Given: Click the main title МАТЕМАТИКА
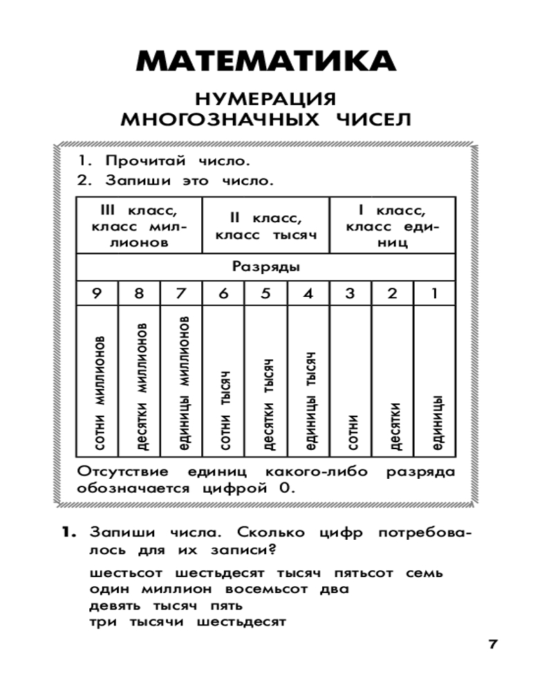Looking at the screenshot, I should pyautogui.click(x=266, y=62).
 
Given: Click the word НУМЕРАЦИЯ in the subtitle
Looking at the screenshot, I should pyautogui.click(x=266, y=98).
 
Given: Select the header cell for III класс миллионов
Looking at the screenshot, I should pyautogui.click(x=138, y=226).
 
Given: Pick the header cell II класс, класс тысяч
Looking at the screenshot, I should pyautogui.click(x=266, y=226).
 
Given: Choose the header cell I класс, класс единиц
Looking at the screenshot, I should pyautogui.click(x=391, y=226).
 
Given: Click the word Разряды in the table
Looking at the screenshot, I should pyautogui.click(x=265, y=266).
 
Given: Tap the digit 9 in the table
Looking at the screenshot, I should pyautogui.click(x=97, y=293).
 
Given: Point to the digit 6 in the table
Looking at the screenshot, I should pyautogui.click(x=223, y=293).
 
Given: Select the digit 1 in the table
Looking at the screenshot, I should pyautogui.click(x=434, y=293).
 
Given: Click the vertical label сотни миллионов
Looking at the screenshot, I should pyautogui.click(x=100, y=394).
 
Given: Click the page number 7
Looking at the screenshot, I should pyautogui.click(x=493, y=644).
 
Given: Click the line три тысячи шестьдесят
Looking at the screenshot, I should pyautogui.click(x=187, y=621).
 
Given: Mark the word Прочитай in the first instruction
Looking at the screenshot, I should pyautogui.click(x=146, y=161).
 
